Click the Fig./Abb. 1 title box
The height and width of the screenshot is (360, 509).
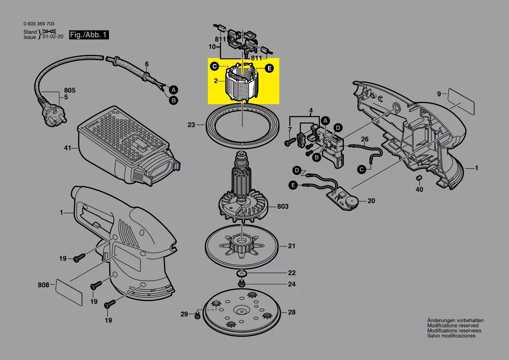tap(89, 35)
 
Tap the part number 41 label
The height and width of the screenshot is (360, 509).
tap(67, 148)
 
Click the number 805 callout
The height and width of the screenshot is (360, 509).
tap(69, 91)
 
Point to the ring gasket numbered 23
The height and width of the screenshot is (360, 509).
tap(242, 123)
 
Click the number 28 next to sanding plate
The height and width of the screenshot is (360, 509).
tap(292, 312)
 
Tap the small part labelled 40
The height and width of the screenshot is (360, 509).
tap(419, 178)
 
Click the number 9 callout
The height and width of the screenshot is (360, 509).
tap(439, 93)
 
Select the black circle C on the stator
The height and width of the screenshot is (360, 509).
tap(214, 67)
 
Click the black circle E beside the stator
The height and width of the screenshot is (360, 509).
tap(269, 68)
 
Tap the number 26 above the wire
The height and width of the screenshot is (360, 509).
tap(365, 139)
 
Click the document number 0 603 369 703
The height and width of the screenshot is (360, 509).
tap(39, 24)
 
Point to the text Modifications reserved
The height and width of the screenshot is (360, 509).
tap(453, 326)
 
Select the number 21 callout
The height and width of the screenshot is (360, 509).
tap(292, 246)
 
